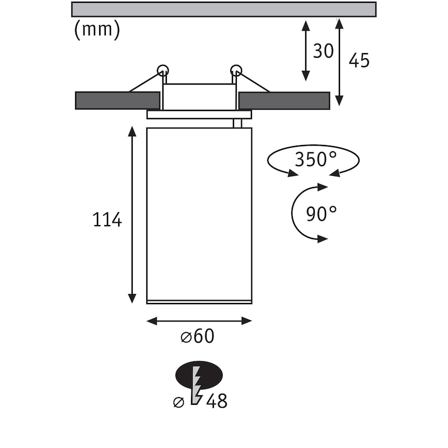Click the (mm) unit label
coord(97,30)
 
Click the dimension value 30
coord(323,51)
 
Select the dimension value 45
coord(359,60)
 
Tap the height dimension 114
coord(107,220)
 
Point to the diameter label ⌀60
coord(198,337)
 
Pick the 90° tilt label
coord(322,213)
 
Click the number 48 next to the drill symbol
coord(217,401)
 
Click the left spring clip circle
coord(162,71)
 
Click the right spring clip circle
coord(236,71)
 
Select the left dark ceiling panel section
coord(117,100)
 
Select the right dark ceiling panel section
coord(284,100)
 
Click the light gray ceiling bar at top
coord(224,9)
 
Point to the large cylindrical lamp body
coord(199,216)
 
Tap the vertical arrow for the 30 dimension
coord(305,51)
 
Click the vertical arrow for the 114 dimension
coord(132,215)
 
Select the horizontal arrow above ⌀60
coord(199,321)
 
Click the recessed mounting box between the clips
coord(199,97)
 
